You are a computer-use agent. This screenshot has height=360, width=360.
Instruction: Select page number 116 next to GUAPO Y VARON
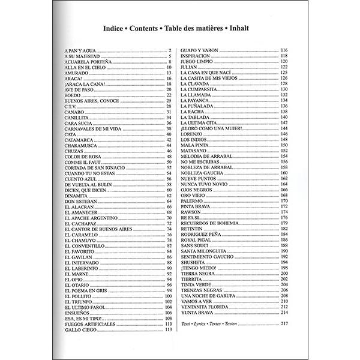tap(284, 50)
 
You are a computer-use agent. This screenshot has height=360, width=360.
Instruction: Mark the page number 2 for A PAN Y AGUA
tap(170, 50)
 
